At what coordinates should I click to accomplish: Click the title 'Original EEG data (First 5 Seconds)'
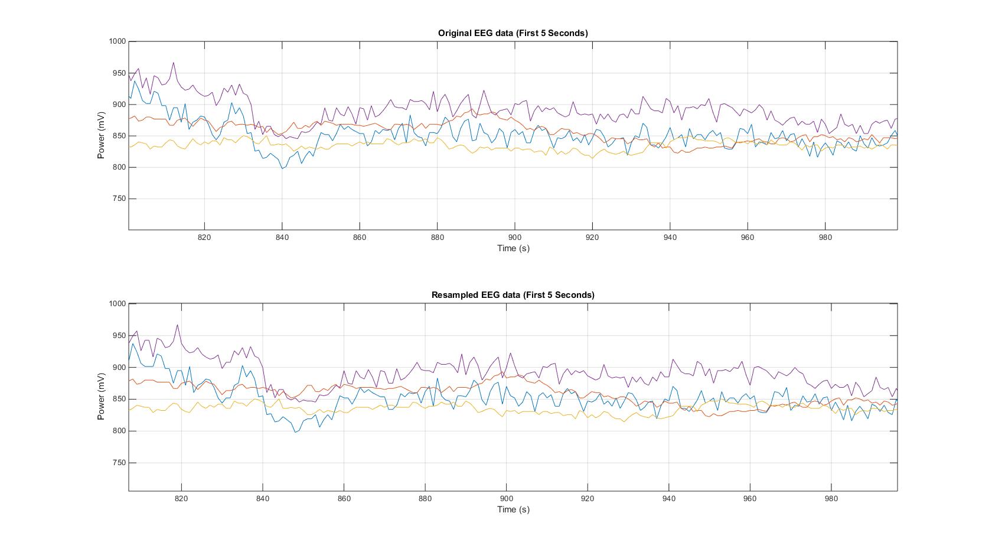point(513,33)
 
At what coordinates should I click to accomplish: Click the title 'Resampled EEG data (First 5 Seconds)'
point(513,295)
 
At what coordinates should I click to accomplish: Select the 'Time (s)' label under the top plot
point(513,248)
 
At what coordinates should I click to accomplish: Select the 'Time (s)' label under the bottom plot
point(513,509)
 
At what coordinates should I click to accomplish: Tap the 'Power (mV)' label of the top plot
point(101,136)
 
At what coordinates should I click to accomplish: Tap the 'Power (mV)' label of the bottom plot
point(101,397)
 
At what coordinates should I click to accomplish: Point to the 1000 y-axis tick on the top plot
point(118,41)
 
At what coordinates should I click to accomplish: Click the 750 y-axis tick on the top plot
point(119,199)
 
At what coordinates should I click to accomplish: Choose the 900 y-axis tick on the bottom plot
point(119,367)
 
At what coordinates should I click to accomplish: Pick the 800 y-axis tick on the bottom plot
point(119,431)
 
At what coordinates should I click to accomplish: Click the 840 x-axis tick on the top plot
point(282,238)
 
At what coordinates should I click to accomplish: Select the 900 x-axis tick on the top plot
point(515,238)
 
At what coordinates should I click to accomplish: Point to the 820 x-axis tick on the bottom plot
point(181,499)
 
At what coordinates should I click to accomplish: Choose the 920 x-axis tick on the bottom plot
point(588,499)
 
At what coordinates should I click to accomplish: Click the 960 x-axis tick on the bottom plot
point(750,499)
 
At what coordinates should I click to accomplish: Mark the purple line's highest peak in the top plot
point(174,62)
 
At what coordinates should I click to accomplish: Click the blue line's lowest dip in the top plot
point(282,168)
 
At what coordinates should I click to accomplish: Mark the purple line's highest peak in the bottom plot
point(177,324)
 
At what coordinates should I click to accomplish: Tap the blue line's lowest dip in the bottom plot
point(296,432)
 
